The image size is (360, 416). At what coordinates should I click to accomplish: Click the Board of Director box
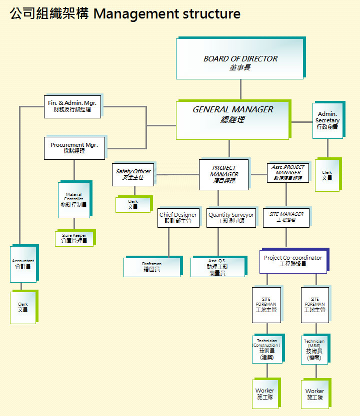pyautogui.click(x=240, y=59)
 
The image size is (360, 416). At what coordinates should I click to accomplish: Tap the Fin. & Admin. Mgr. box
pyautogui.click(x=72, y=106)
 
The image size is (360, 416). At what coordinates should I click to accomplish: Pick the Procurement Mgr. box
pyautogui.click(x=74, y=148)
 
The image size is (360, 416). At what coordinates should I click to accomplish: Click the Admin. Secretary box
pyautogui.click(x=327, y=121)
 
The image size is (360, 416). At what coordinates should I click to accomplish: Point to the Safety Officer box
pyautogui.click(x=133, y=175)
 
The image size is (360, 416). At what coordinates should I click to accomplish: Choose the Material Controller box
pyautogui.click(x=74, y=200)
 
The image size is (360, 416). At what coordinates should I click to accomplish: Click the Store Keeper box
pyautogui.click(x=74, y=238)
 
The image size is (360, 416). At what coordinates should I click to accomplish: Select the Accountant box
pyautogui.click(x=23, y=264)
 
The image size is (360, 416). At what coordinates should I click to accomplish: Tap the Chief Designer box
pyautogui.click(x=178, y=218)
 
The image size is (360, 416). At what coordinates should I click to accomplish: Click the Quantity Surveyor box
pyautogui.click(x=230, y=218)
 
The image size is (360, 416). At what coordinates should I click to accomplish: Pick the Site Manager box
pyautogui.click(x=286, y=217)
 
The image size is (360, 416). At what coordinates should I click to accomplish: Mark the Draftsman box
pyautogui.click(x=151, y=267)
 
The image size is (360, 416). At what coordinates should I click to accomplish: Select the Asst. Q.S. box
pyautogui.click(x=217, y=267)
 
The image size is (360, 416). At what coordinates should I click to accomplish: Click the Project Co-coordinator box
pyautogui.click(x=293, y=261)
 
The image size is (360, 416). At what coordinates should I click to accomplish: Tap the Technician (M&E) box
pyautogui.click(x=314, y=350)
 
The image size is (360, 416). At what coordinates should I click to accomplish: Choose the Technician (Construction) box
pyautogui.click(x=266, y=350)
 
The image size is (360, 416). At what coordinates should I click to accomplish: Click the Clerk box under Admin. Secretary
pyautogui.click(x=327, y=175)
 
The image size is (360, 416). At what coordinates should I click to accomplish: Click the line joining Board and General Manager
pyautogui.click(x=240, y=90)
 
